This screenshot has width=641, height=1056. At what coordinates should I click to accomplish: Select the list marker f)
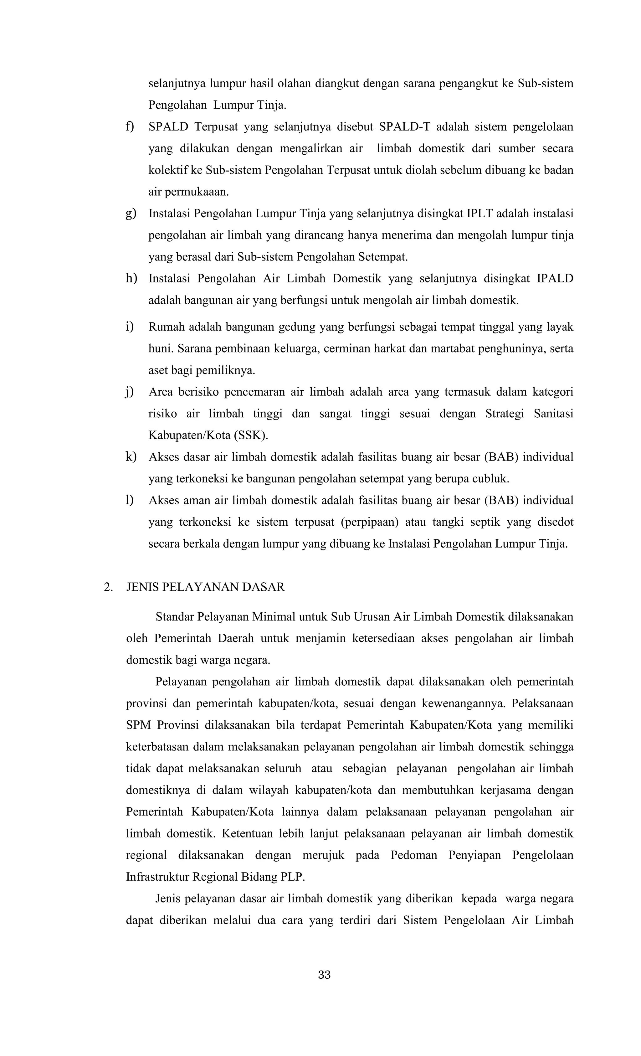(x=129, y=127)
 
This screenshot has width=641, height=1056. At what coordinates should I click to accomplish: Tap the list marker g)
(x=130, y=214)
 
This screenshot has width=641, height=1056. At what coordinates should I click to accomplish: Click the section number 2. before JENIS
(x=108, y=587)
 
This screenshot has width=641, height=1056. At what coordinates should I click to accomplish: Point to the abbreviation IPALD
(x=554, y=279)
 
